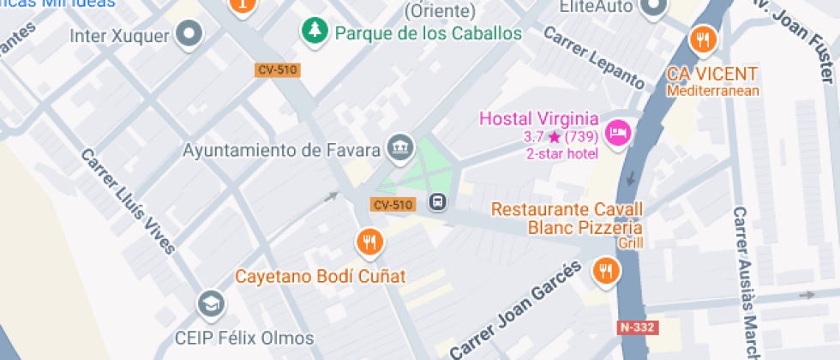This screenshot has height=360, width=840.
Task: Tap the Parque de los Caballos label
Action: coord(429,33)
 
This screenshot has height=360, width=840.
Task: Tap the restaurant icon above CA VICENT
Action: coord(703,39)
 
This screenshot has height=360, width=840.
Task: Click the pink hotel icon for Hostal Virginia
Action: coord(617,133)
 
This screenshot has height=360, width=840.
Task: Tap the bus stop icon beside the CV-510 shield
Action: coord(437,203)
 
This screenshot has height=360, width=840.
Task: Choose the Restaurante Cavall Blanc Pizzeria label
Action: coord(567,219)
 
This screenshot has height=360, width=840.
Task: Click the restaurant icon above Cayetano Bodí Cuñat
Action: coord(369,243)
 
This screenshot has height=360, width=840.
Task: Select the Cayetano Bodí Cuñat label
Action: coord(321,277)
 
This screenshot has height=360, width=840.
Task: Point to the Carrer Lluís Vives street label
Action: coord(128,201)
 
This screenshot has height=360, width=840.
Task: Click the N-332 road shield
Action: coord(636,327)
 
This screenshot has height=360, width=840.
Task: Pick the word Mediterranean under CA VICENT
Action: coord(713,91)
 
